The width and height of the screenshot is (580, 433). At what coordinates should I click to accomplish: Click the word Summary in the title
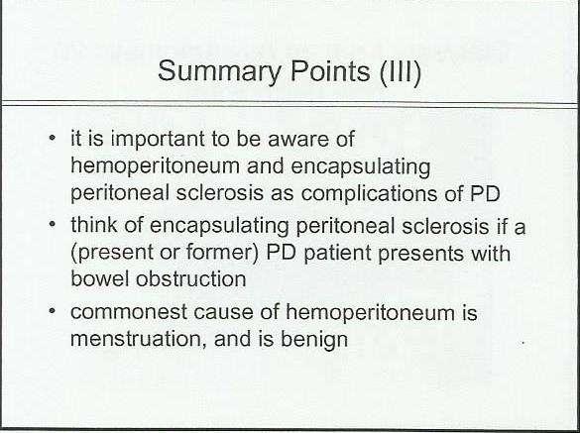click(219, 72)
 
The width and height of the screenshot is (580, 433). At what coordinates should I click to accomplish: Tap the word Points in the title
click(330, 70)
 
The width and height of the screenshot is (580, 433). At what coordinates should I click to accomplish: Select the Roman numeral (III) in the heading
click(401, 71)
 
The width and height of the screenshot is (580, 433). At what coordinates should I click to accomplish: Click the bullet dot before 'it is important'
click(53, 139)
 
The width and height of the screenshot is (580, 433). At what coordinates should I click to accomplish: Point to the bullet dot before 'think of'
click(53, 225)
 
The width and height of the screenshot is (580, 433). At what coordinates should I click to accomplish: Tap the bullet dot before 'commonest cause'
click(53, 311)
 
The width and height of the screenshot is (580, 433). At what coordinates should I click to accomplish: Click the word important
click(158, 140)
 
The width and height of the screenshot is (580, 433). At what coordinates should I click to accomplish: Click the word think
click(94, 225)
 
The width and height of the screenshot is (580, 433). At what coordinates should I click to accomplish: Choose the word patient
click(337, 254)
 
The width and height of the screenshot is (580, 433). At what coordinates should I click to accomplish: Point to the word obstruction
click(191, 278)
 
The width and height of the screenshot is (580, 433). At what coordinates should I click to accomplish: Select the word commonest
click(129, 312)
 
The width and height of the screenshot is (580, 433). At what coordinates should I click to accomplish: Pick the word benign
click(314, 340)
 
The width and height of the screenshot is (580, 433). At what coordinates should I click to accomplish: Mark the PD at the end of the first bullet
click(485, 193)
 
